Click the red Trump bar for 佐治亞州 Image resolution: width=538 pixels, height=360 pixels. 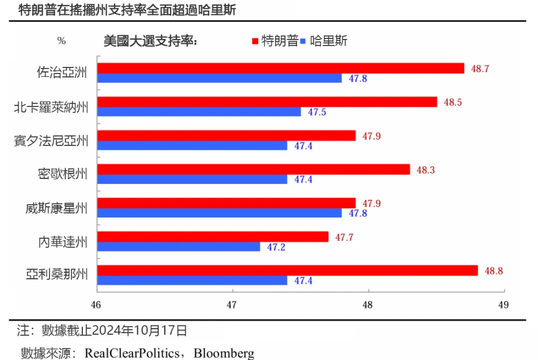[x=280, y=68]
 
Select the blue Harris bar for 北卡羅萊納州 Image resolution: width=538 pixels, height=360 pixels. [x=199, y=112]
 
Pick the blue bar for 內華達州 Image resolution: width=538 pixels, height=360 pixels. [x=178, y=247]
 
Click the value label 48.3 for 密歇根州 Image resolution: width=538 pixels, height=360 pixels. [x=425, y=170]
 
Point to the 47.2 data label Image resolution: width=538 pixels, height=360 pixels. [x=276, y=247]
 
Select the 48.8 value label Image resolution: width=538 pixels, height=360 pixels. [x=494, y=271]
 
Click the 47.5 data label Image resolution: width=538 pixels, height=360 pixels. [x=317, y=112]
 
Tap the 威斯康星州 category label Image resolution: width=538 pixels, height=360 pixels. [x=56, y=208]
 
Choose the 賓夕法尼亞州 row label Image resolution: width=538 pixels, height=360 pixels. [x=51, y=140]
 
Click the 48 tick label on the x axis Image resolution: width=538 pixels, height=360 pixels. [x=368, y=304]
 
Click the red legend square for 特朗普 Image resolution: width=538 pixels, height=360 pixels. [x=255, y=41]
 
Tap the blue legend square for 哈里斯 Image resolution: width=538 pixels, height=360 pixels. [x=305, y=41]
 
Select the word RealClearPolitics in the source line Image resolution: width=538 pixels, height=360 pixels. [x=132, y=352]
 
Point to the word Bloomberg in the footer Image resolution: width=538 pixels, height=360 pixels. [x=225, y=352]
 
